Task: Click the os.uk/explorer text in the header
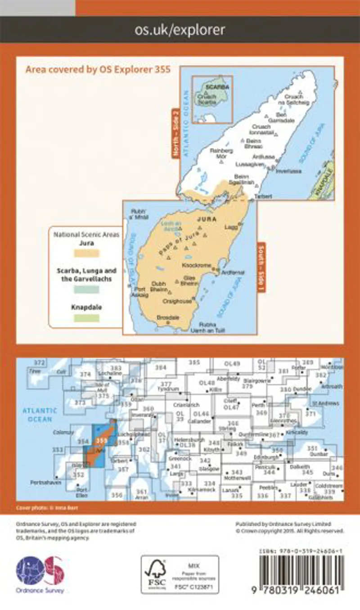180,30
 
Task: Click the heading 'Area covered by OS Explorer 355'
98,69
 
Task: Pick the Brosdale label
168,317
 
